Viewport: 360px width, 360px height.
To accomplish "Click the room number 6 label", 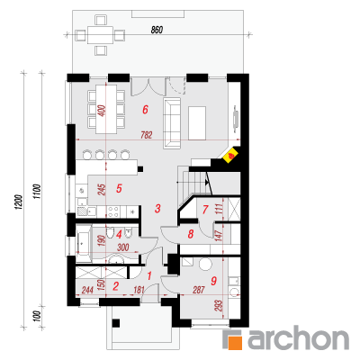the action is [x=145, y=110].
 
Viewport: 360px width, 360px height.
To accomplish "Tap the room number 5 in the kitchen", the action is [x=119, y=189].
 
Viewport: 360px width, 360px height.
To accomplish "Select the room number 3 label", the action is [x=157, y=208].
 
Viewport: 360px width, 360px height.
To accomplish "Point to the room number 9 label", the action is [x=214, y=281].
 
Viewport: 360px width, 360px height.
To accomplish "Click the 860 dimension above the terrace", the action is [x=157, y=30].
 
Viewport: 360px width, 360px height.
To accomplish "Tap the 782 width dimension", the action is [x=147, y=135].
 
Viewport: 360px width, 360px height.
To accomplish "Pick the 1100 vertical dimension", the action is [x=37, y=192].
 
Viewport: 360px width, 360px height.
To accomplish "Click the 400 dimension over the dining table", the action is [x=102, y=111].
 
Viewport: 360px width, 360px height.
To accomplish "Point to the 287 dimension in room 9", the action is [x=199, y=290].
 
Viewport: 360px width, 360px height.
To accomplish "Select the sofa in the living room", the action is [x=172, y=123].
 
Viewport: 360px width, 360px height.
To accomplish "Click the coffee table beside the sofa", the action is [x=197, y=122].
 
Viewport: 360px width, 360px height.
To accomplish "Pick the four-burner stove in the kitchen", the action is [x=113, y=211].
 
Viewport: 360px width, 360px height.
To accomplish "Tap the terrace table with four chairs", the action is [x=101, y=35].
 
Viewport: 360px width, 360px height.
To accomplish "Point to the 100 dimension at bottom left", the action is [x=37, y=316].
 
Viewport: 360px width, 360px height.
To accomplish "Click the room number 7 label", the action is [x=205, y=210].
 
